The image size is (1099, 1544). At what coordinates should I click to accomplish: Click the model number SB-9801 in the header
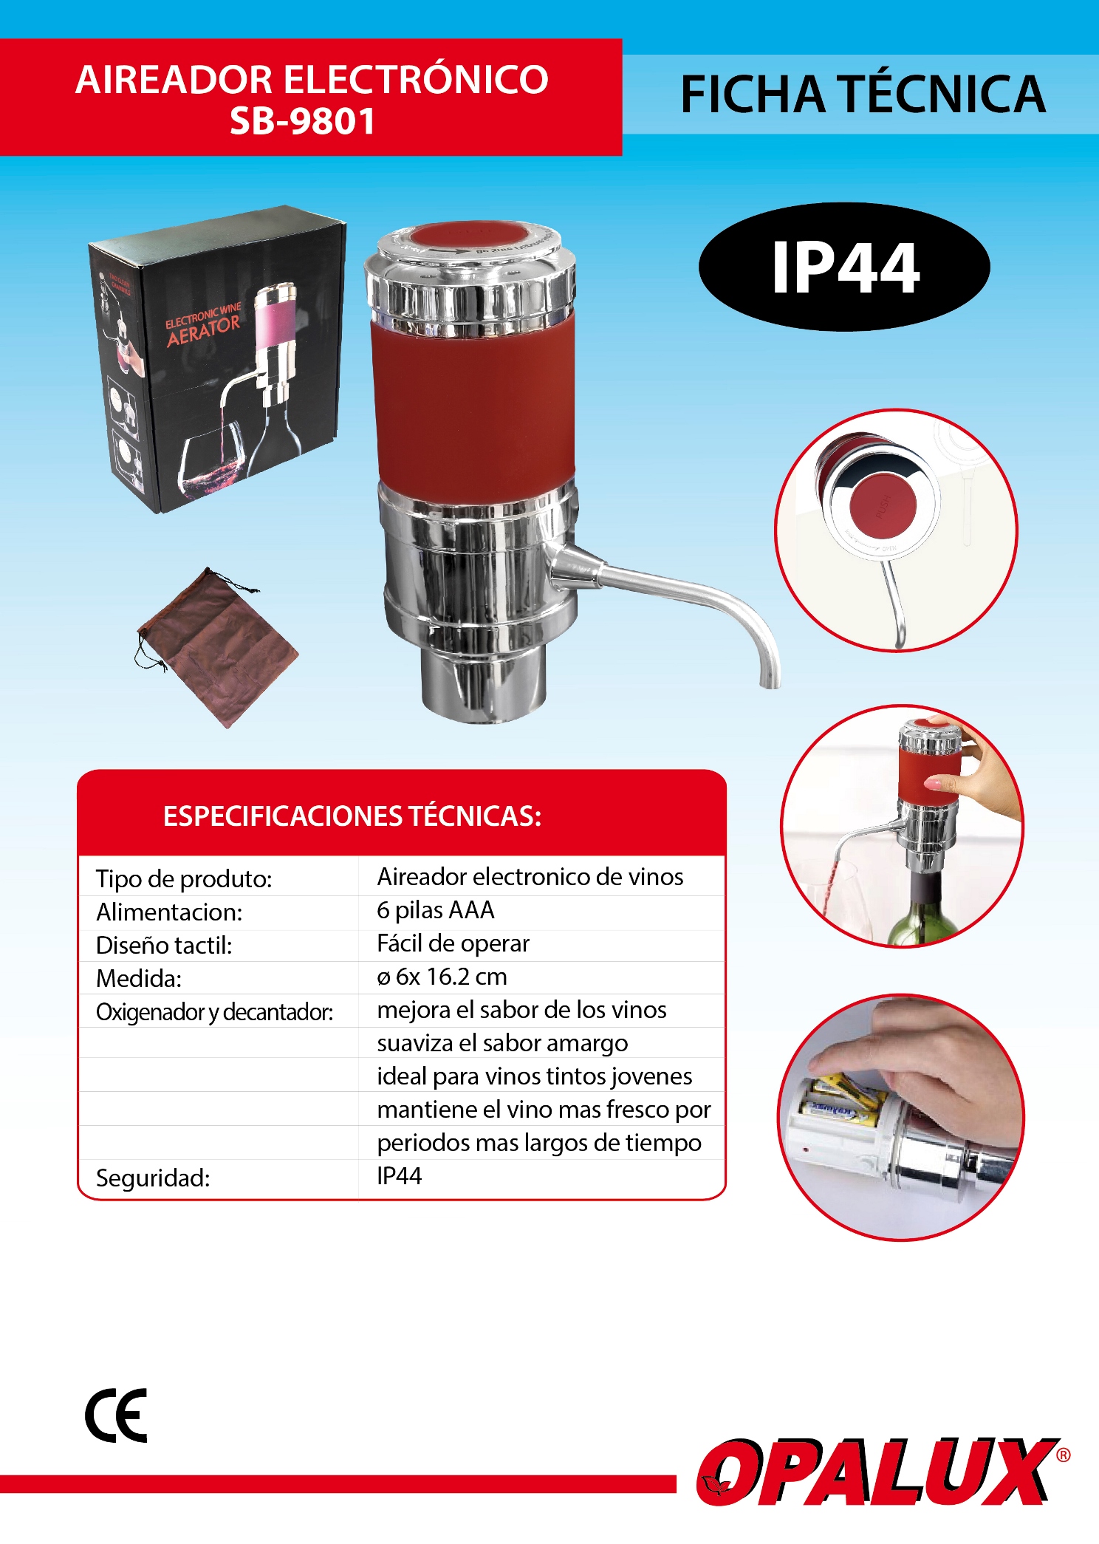(302, 121)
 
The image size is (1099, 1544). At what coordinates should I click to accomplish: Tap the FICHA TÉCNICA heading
(863, 95)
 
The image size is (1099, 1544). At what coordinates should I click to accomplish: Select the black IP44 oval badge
(844, 267)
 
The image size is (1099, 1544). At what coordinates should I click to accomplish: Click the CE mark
(116, 1415)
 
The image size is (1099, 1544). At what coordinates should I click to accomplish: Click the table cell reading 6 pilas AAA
(436, 910)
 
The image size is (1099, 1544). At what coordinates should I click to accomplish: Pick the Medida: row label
(139, 978)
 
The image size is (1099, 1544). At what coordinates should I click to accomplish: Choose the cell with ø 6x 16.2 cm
(442, 977)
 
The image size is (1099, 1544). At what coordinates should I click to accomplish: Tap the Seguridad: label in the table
(153, 1178)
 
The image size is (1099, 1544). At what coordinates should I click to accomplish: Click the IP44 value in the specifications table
(399, 1175)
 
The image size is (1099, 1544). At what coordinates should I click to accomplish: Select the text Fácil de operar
(453, 943)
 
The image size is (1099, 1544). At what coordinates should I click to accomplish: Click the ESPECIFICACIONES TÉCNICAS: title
(352, 816)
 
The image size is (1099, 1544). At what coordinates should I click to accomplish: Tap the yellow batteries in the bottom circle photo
(842, 1101)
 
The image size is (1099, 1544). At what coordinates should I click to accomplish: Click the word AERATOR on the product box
(204, 331)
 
